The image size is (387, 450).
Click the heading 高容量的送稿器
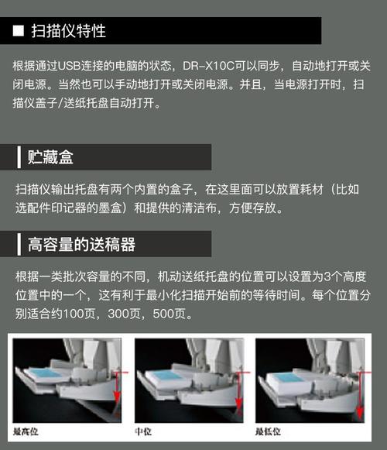pyautogui.click(x=81, y=246)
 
